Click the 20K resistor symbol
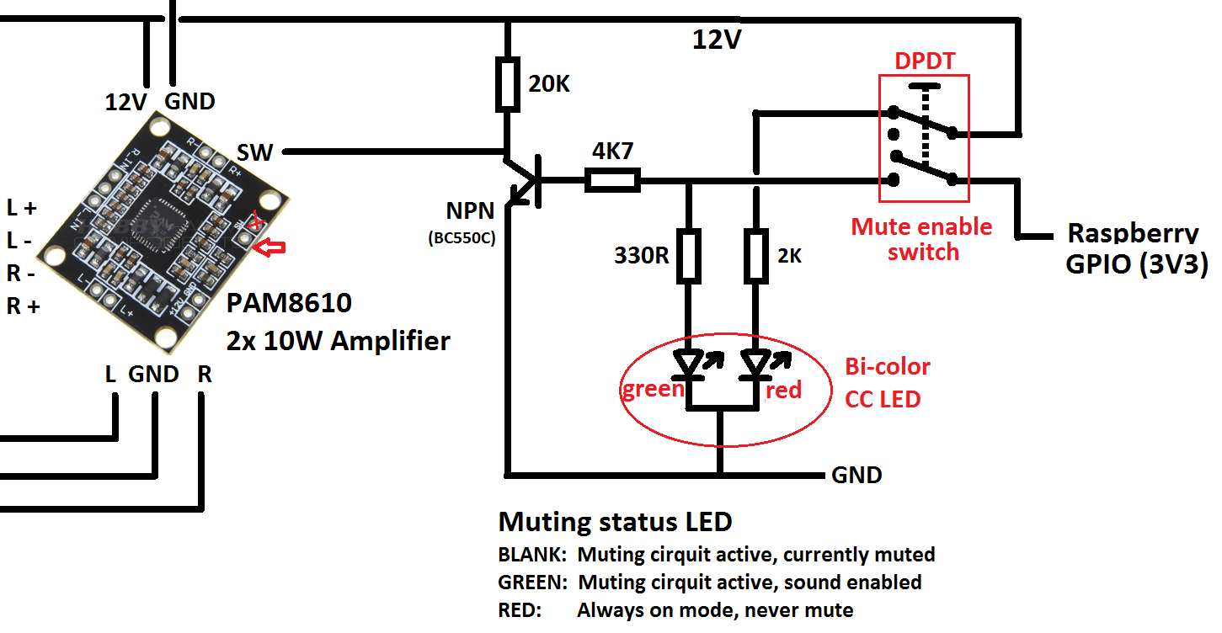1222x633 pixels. coord(507,84)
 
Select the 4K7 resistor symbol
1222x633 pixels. coord(612,179)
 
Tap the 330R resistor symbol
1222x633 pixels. coord(689,256)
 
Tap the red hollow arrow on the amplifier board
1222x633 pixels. coord(272,247)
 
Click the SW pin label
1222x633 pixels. coord(253,152)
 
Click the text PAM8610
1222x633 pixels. coord(289,302)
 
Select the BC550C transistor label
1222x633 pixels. coord(462,238)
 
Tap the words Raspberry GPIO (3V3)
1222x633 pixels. coord(1136,249)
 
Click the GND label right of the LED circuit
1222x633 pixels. coord(856,475)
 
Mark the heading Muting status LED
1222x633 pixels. coord(615,522)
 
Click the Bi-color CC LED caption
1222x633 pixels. coord(888,382)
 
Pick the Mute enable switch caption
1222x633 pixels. coord(921,239)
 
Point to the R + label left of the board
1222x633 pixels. coord(24,306)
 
